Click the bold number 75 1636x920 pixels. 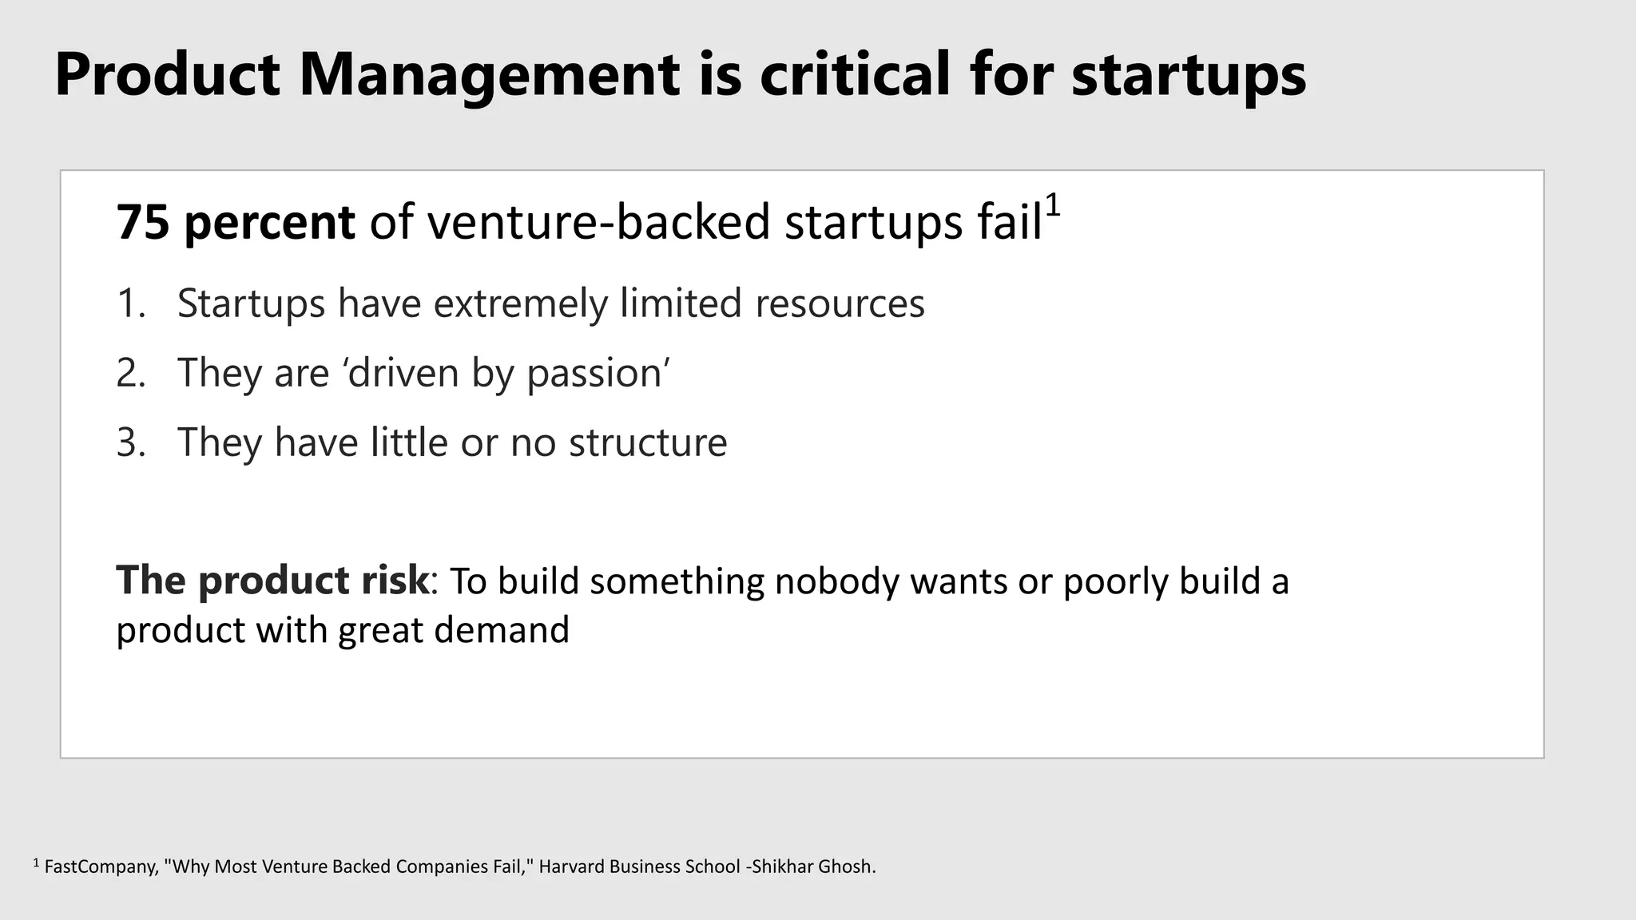tap(143, 222)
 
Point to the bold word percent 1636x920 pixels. tap(269, 224)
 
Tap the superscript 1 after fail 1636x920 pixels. tap(1053, 206)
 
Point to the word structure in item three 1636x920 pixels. tap(648, 443)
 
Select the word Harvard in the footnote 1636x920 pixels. tap(571, 867)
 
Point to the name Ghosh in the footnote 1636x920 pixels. tap(845, 867)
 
